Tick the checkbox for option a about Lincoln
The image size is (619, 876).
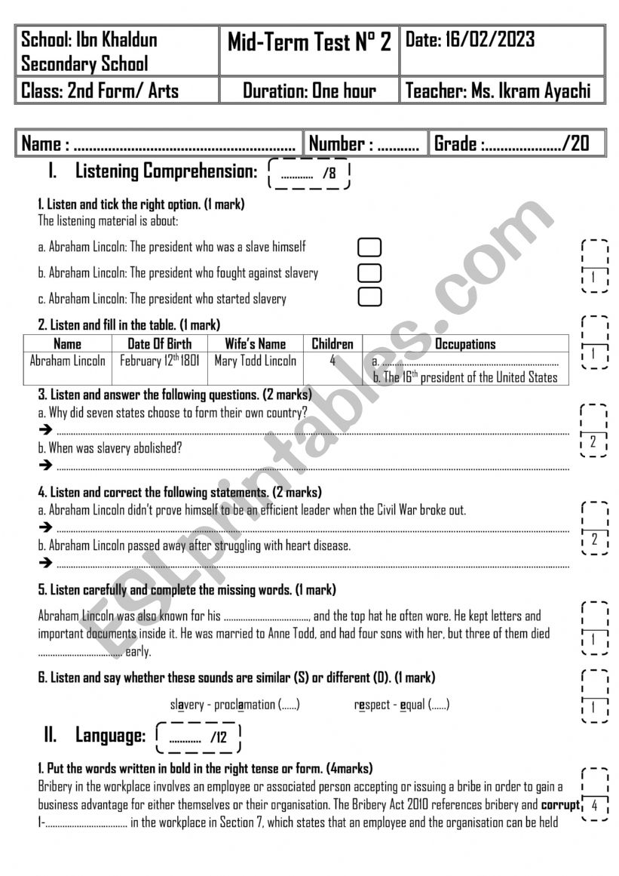click(x=369, y=247)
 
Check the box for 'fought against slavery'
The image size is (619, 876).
click(x=369, y=272)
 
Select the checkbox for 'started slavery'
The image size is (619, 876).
click(x=369, y=297)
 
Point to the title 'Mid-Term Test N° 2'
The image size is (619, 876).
click(x=309, y=43)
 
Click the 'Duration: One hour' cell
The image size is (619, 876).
click(x=309, y=92)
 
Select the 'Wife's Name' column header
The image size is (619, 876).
click(x=256, y=344)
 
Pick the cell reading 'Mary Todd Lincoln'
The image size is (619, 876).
click(x=256, y=361)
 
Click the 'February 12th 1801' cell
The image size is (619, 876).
click(x=160, y=361)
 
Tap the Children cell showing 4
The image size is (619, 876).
click(x=332, y=361)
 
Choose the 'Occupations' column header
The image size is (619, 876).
click(x=465, y=344)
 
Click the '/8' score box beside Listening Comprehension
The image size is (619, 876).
click(x=310, y=174)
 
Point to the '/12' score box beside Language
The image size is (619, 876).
click(x=198, y=737)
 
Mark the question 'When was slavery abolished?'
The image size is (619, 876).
click(x=110, y=447)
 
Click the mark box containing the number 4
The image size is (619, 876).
click(x=595, y=806)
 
